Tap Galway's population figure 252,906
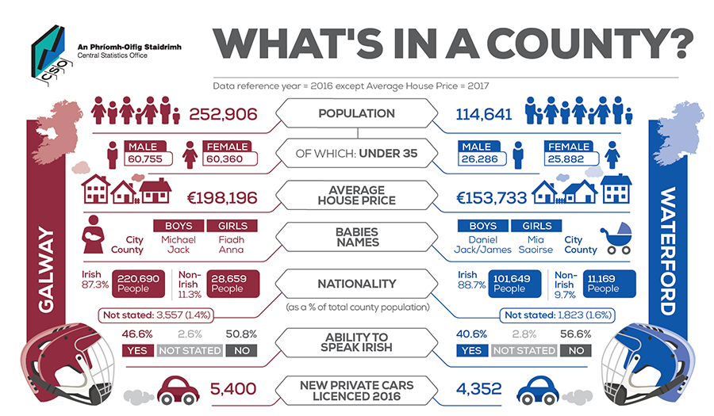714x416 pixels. pyautogui.click(x=223, y=114)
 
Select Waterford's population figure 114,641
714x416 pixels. pyautogui.click(x=484, y=114)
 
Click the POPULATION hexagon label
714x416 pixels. pyautogui.click(x=356, y=113)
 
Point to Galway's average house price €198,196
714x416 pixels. pyautogui.click(x=222, y=198)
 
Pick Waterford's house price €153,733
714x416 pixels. pyautogui.click(x=491, y=198)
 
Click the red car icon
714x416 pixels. pyautogui.click(x=178, y=390)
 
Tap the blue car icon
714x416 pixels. pyautogui.click(x=538, y=390)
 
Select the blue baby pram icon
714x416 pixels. pyautogui.click(x=617, y=239)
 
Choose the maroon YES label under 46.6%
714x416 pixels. pyautogui.click(x=137, y=350)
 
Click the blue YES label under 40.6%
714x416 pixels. pyautogui.click(x=471, y=350)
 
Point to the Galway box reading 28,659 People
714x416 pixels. pyautogui.click(x=232, y=284)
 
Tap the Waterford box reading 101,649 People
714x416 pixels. pyautogui.click(x=515, y=284)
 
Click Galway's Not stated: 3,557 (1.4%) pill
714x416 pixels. pyautogui.click(x=156, y=315)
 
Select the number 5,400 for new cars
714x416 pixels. pyautogui.click(x=233, y=389)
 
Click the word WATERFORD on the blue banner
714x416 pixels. pyautogui.click(x=668, y=251)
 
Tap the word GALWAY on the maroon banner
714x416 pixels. pyautogui.click(x=46, y=269)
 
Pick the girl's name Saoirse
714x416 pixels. pyautogui.click(x=535, y=250)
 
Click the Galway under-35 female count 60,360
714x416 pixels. pyautogui.click(x=225, y=159)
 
